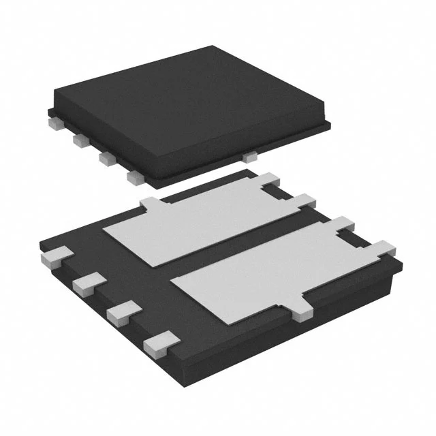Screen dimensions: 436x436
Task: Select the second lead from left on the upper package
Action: point(80,140)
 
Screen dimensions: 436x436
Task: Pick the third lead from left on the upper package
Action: point(107,158)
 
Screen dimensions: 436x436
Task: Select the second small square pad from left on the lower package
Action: point(88,282)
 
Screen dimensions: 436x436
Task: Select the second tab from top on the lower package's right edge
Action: point(305,200)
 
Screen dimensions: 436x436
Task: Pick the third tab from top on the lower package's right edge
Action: point(343,223)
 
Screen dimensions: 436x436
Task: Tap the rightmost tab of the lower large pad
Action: point(382,249)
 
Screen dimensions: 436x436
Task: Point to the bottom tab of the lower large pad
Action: point(303,310)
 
